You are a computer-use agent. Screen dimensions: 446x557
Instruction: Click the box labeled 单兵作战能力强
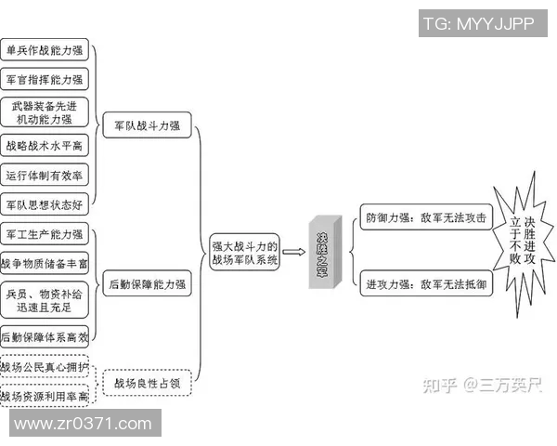coord(45,51)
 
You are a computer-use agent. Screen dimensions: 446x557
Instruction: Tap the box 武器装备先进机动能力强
coord(45,112)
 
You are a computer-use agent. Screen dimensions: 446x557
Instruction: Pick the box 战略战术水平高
coord(45,146)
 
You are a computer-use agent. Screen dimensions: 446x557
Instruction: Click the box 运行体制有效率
coord(45,176)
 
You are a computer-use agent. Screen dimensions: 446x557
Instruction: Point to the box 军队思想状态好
coord(45,204)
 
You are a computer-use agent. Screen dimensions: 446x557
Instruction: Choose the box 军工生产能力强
coord(45,233)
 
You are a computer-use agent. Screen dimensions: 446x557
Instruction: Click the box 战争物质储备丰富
coord(45,263)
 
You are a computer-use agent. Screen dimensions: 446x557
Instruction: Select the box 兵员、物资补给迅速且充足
coord(45,300)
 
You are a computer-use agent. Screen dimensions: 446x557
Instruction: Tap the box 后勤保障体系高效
coord(45,337)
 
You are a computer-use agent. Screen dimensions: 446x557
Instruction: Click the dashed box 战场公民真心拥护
coord(45,368)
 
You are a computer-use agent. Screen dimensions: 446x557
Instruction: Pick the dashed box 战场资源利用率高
coord(45,397)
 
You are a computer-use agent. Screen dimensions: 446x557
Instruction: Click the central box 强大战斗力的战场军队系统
coord(245,253)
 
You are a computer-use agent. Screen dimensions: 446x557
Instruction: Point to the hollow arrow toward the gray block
coord(294,251)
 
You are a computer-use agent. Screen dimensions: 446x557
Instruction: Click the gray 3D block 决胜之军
coord(324,253)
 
